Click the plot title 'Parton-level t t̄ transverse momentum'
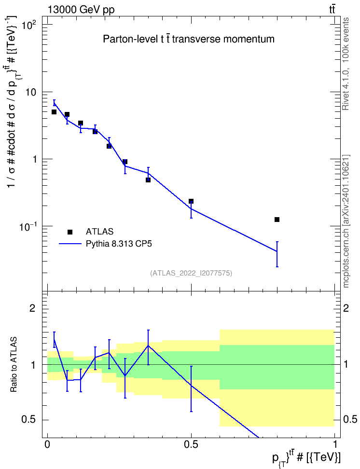pos(189,39)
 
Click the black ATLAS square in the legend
pos(70,232)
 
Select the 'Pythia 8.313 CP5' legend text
pos(119,244)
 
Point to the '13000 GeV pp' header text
pos(81,10)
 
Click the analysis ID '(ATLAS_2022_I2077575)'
pos(191,273)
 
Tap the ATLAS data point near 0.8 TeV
pos(277,220)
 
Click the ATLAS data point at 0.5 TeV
pos(191,201)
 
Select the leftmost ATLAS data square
pos(54,112)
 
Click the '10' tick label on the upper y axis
pos(30,92)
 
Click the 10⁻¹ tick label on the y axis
pos(28,227)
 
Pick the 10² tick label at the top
pos(29,25)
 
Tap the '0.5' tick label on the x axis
pos(191,444)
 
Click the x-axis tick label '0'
pos(47,444)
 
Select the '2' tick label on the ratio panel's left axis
pos(32,308)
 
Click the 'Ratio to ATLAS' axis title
pos(14,365)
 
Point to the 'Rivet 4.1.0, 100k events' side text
pos(346,64)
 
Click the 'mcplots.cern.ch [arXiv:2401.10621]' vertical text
pos(346,221)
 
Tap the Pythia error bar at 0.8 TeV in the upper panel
pos(277,254)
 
